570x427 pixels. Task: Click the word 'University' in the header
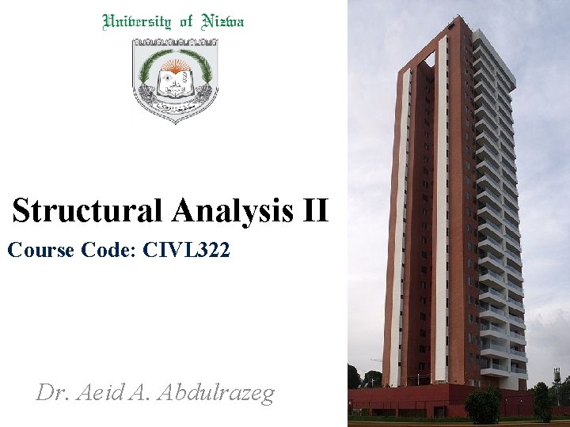pos(135,22)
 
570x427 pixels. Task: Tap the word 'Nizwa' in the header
pos(222,22)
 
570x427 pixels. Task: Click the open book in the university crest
pos(173,79)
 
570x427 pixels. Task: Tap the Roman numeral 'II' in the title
pos(314,211)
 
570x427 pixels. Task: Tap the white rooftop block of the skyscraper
pos(491,47)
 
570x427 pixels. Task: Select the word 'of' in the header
pos(186,22)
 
